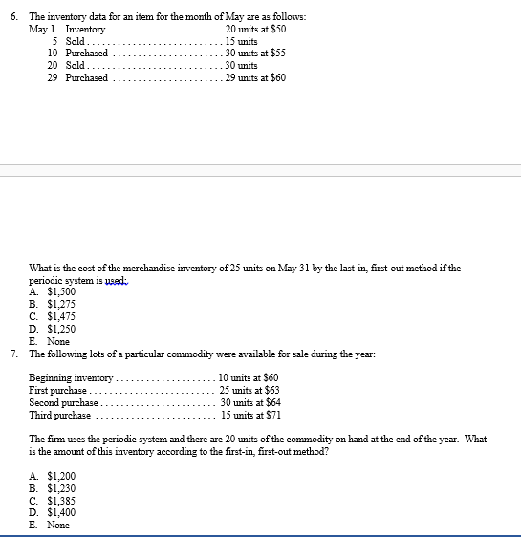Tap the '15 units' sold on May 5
(x=241, y=42)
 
